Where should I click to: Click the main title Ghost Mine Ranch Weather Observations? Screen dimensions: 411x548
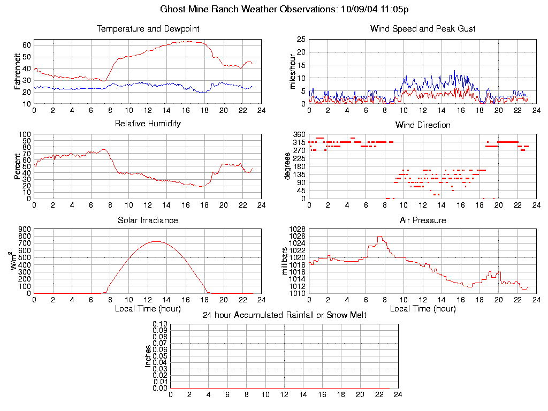coord(285,9)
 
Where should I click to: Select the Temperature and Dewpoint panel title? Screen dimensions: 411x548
coord(148,28)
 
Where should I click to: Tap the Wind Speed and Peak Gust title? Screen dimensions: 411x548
coord(423,28)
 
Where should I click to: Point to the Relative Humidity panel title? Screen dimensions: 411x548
coord(148,124)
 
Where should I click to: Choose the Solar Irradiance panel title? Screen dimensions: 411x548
coord(148,220)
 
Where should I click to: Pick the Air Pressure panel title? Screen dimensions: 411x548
coord(423,220)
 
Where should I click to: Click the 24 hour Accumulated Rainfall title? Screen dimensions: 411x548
coord(284,315)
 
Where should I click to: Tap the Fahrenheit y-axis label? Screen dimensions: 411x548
coord(17,72)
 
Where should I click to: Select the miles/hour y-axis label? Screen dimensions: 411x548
coord(293,72)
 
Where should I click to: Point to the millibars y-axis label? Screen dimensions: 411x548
coord(285,261)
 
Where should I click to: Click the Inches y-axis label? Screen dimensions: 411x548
coord(148,356)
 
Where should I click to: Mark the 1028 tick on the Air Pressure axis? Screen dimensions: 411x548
coord(298,229)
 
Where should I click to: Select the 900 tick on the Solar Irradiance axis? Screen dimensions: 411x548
coord(25,229)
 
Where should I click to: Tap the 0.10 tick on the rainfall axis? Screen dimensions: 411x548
coord(160,324)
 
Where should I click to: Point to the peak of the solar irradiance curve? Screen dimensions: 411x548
coord(156,241)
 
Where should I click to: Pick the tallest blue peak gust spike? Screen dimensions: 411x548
coord(454,71)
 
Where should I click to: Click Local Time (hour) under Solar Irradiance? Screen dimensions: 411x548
coord(148,308)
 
